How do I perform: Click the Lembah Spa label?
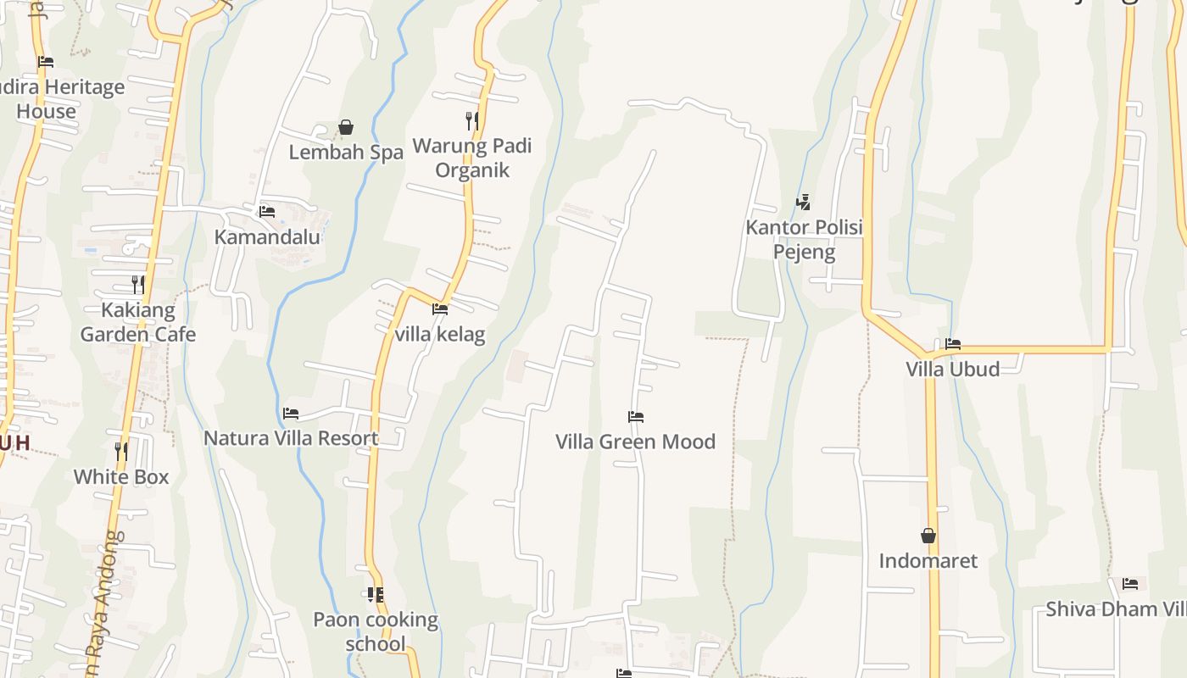point(346,153)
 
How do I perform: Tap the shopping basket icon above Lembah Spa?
point(346,128)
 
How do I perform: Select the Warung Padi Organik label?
point(472,158)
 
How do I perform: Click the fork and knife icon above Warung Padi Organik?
point(472,121)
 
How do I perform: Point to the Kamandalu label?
point(267,236)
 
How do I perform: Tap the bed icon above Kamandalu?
point(267,211)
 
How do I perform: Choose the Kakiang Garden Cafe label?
point(138,322)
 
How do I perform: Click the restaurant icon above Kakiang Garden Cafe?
point(138,284)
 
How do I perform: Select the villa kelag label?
point(440,334)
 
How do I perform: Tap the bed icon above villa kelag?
point(440,309)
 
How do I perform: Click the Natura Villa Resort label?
point(291,438)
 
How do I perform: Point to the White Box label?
point(121,476)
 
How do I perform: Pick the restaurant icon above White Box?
point(121,451)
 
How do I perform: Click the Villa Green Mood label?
point(635,442)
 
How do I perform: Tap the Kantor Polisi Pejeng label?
point(804,240)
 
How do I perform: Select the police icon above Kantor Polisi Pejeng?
point(803,203)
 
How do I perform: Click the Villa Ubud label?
point(953,369)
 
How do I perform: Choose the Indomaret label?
point(928,561)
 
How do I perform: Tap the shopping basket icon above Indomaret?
point(928,536)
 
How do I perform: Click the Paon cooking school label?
point(376,631)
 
